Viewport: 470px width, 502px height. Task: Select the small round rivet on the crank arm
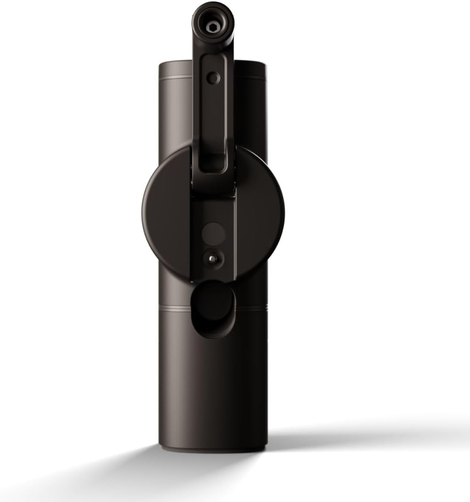[213, 77]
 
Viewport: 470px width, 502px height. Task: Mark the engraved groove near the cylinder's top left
[176, 78]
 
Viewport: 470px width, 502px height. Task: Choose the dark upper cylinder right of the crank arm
[253, 107]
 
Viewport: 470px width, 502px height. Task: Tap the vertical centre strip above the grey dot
[213, 210]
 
